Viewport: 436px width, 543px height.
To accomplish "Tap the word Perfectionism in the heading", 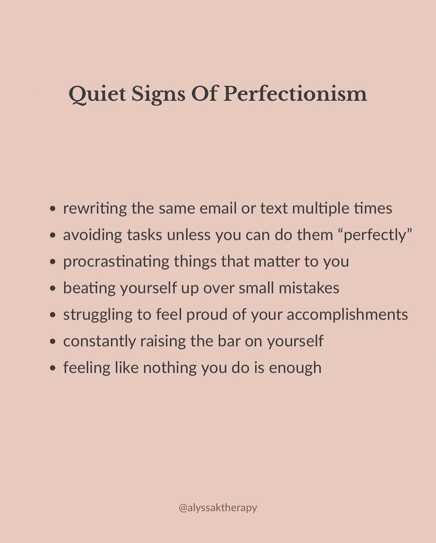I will click(x=295, y=94).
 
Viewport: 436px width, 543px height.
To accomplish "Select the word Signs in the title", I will click(x=158, y=94).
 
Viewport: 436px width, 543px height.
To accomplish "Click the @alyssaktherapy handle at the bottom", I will click(x=218, y=507).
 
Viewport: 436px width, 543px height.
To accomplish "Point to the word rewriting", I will click(x=95, y=208).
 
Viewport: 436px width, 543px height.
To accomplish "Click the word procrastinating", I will click(x=116, y=262).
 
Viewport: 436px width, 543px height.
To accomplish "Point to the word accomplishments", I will click(x=347, y=315).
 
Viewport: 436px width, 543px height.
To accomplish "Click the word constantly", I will click(x=99, y=341).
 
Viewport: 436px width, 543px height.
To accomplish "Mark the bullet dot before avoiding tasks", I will click(x=53, y=236).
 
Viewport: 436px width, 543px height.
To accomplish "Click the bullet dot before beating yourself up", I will click(x=53, y=289).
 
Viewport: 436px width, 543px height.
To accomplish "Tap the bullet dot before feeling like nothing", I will click(x=53, y=368).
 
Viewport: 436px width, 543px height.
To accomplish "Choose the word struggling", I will click(x=98, y=315).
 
